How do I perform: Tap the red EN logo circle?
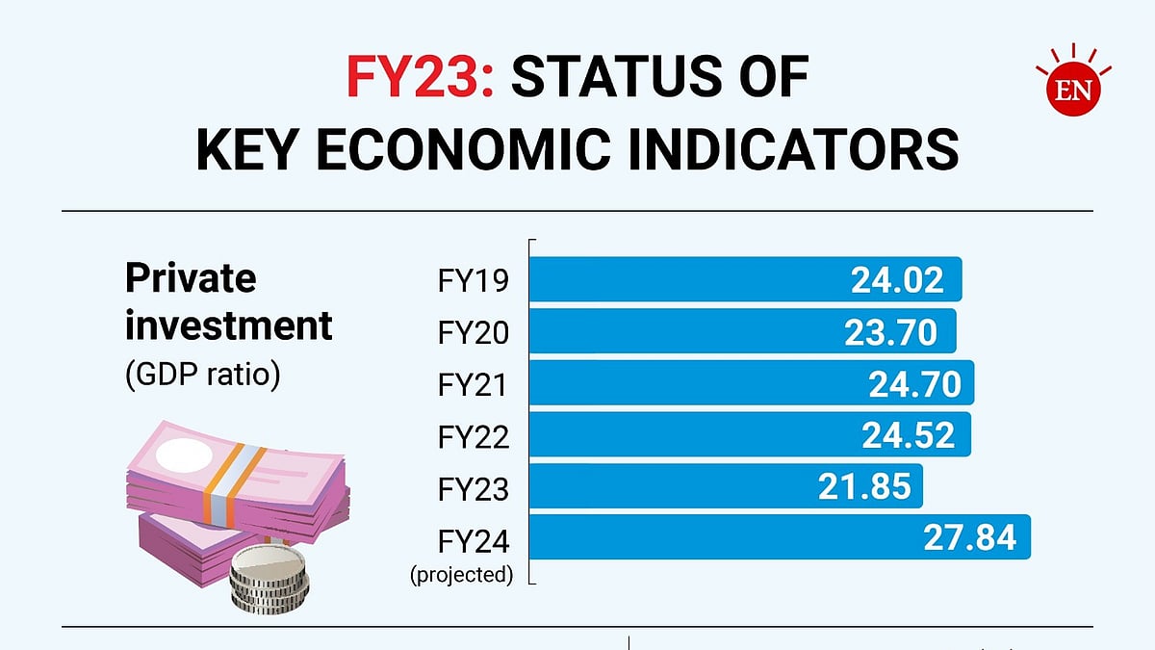click(1072, 90)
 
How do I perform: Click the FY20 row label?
click(473, 333)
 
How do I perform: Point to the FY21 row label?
click(473, 385)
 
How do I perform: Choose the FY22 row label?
click(473, 437)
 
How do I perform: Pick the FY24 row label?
click(473, 542)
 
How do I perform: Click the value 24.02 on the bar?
click(897, 279)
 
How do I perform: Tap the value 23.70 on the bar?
click(890, 332)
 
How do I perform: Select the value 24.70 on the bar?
click(914, 384)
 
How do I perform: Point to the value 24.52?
click(909, 436)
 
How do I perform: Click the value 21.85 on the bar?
click(864, 487)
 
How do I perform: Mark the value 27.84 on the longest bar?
click(969, 537)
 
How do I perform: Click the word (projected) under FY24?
click(461, 575)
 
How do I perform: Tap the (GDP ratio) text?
click(202, 374)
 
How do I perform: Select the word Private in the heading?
click(191, 279)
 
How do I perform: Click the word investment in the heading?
click(228, 325)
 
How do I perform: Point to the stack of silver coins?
click(270, 578)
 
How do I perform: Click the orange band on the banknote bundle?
click(236, 479)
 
